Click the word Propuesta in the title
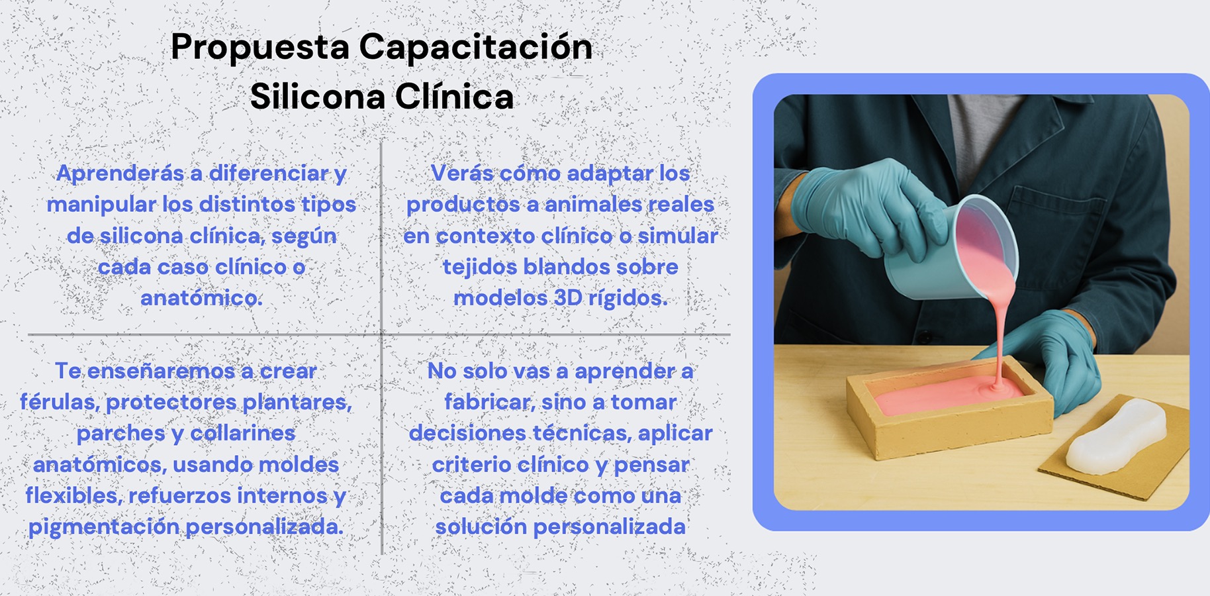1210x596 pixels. coord(259,48)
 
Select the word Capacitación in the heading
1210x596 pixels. coord(475,48)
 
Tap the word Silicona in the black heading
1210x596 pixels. coord(318,97)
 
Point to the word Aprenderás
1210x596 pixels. coord(120,174)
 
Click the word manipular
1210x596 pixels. coord(101,205)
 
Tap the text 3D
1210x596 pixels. coord(567,299)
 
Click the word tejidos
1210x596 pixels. coord(479,267)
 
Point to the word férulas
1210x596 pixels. coord(59,402)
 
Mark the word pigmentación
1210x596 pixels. coord(104,527)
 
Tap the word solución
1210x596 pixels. coord(480,527)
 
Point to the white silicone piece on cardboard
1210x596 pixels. coord(1117,437)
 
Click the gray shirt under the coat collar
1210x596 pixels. coord(980,132)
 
